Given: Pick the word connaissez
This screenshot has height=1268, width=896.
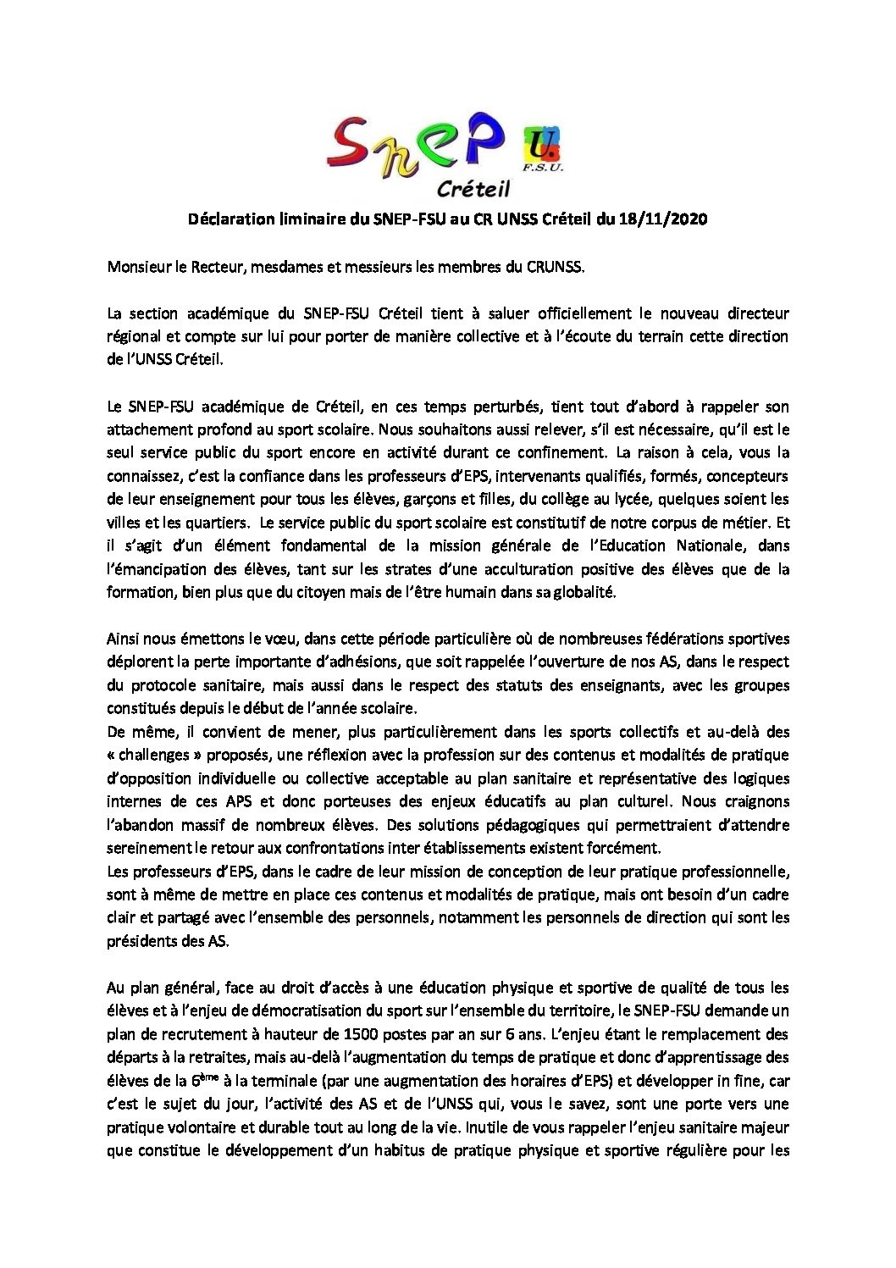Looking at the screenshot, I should (x=141, y=476).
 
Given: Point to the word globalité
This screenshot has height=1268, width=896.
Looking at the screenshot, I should (x=584, y=592).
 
